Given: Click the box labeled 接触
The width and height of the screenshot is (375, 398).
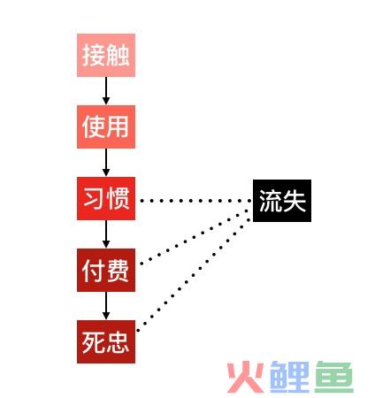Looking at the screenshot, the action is [x=106, y=55].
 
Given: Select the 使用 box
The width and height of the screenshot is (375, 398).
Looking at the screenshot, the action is [x=106, y=126].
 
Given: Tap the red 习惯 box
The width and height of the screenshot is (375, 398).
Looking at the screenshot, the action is [x=106, y=198].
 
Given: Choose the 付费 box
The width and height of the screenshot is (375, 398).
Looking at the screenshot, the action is [x=106, y=270].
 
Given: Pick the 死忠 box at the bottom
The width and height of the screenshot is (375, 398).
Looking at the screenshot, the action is [x=106, y=341].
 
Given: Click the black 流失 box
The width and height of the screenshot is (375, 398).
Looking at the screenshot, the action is [x=282, y=201].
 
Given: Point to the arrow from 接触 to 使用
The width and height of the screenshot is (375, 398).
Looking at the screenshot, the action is [x=106, y=91].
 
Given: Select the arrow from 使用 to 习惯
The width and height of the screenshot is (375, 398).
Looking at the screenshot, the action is [x=106, y=163].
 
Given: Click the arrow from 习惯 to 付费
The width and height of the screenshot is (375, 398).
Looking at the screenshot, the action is [x=106, y=234].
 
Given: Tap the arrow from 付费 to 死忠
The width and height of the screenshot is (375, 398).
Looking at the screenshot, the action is [x=106, y=306].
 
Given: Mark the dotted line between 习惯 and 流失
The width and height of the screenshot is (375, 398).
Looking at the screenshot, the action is [x=195, y=201].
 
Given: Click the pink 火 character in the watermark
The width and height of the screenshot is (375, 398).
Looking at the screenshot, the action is [x=246, y=377].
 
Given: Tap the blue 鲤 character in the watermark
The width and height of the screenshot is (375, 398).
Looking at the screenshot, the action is [x=289, y=377].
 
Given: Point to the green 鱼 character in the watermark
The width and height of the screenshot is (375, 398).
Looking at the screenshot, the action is [x=334, y=377].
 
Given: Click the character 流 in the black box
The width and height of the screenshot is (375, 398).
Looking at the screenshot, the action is [x=270, y=201].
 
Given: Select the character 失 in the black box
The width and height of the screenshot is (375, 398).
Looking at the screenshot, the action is [x=294, y=201].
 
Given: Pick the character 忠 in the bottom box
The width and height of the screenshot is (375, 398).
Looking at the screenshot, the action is [x=118, y=342].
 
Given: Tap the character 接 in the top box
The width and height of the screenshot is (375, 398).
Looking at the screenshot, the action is [x=94, y=55].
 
